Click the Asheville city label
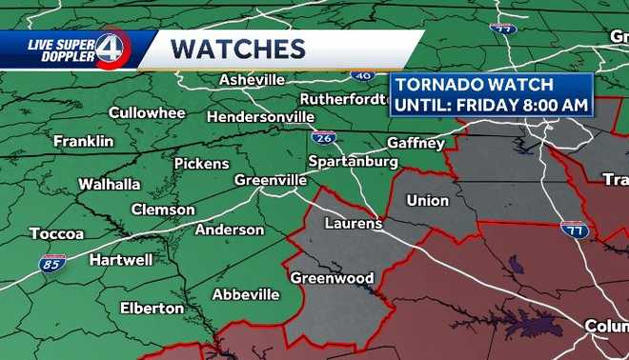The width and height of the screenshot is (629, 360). tap(253, 80)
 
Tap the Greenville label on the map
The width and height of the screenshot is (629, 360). tap(271, 180)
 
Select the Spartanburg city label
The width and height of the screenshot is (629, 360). tap(354, 163)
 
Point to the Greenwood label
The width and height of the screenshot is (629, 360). tap(332, 278)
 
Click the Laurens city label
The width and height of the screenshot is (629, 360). tap(353, 224)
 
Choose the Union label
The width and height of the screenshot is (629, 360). tap(427, 200)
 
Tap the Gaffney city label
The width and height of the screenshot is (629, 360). tap(416, 143)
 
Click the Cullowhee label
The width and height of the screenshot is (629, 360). tap(146, 112)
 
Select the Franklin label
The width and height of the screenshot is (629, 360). tap(83, 141)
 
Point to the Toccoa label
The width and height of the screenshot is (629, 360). tap(56, 233)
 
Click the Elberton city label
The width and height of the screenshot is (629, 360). tap(152, 308)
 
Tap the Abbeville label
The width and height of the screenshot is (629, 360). tap(246, 294)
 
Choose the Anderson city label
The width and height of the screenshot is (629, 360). tap(230, 230)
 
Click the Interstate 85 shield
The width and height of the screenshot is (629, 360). tap(53, 264)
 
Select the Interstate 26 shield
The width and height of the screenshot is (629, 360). tap(323, 137)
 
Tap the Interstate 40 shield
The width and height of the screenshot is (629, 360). tap(362, 73)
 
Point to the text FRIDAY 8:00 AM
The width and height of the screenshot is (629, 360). tap(527, 104)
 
